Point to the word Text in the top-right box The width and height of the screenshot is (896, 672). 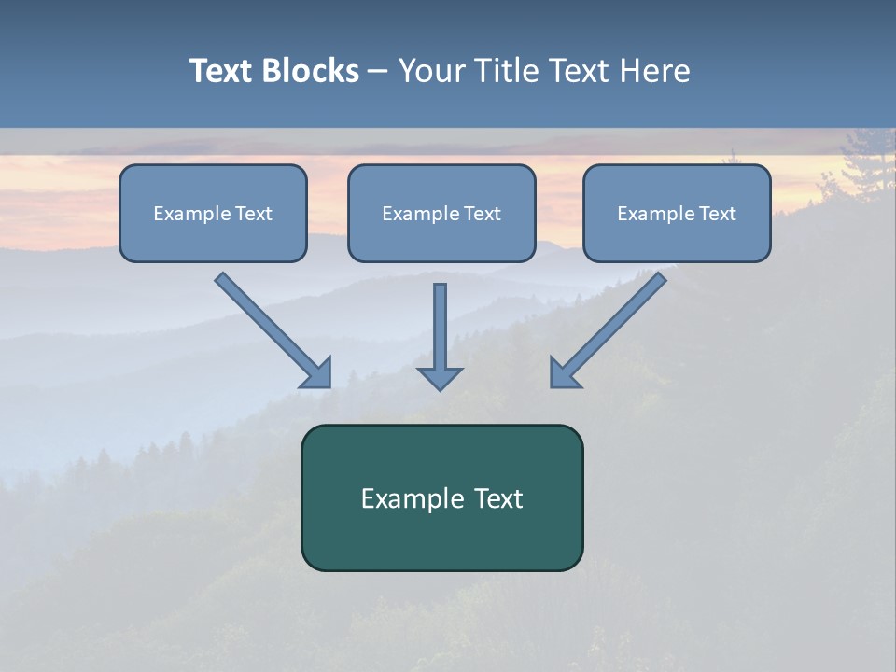(x=718, y=214)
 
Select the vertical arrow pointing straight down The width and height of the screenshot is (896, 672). (x=440, y=331)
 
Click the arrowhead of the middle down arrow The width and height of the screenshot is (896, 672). (x=440, y=377)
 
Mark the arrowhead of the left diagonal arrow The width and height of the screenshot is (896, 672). (x=317, y=374)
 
